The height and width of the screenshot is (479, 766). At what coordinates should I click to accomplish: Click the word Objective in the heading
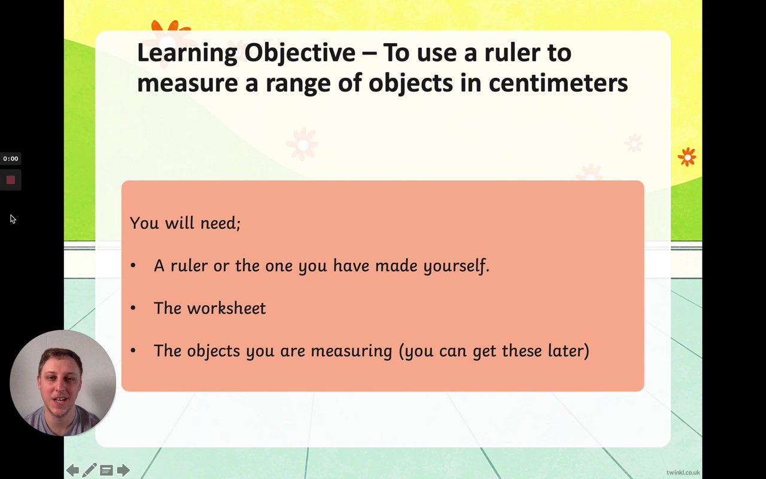click(x=300, y=53)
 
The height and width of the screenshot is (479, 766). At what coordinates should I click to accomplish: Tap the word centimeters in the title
click(x=558, y=83)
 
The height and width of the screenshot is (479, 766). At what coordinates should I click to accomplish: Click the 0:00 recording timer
click(x=11, y=159)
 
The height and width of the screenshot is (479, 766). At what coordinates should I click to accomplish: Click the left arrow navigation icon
click(x=72, y=470)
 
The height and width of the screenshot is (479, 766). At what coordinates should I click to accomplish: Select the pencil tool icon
click(x=89, y=470)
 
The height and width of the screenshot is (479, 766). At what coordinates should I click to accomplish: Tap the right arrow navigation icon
click(x=123, y=470)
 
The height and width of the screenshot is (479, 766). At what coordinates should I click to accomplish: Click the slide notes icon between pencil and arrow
click(x=107, y=471)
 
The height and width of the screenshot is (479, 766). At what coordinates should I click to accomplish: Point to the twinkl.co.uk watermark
click(x=683, y=472)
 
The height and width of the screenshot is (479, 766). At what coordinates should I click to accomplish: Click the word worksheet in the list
click(x=226, y=308)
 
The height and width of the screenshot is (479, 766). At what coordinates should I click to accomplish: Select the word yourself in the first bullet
click(x=457, y=266)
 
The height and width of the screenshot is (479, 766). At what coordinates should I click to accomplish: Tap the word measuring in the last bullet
click(x=351, y=351)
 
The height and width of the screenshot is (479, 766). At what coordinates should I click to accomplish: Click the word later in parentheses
click(x=569, y=350)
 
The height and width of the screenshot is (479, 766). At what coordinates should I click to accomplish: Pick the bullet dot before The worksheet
click(x=133, y=308)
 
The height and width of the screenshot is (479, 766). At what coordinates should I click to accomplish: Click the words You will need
click(x=185, y=223)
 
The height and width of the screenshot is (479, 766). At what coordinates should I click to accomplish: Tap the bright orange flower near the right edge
click(x=686, y=157)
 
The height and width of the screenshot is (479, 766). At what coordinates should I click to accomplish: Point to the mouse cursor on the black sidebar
click(x=13, y=219)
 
